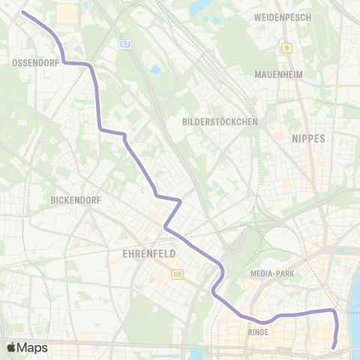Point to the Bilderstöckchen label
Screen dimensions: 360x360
pos(220,121)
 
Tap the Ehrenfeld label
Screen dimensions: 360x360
pos(148,253)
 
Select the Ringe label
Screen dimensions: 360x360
pos(257,331)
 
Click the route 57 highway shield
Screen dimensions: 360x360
pos(124,45)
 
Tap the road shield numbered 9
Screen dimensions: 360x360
pos(286,48)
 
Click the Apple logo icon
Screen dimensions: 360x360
pos(10,347)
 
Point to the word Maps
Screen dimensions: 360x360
pos(32,348)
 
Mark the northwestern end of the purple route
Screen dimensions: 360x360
pos(22,13)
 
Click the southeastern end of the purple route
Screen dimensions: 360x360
pos(334,346)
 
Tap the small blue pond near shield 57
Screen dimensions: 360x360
pos(155,70)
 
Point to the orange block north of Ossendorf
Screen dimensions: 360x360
pos(67,13)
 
